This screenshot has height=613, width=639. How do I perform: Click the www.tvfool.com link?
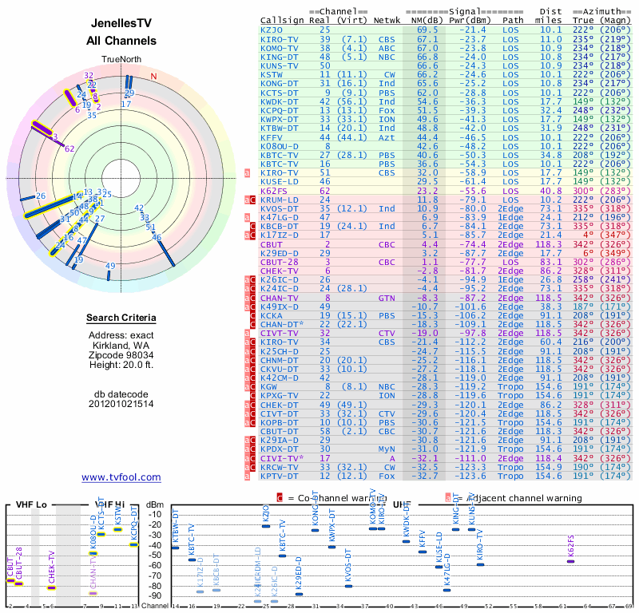pos(121,477)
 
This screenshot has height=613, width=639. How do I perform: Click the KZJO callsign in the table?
pos(272,30)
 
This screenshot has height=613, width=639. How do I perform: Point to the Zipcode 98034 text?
pos(121,354)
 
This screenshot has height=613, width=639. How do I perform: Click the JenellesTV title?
pos(121,25)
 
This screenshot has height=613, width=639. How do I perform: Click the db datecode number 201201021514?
pos(121,404)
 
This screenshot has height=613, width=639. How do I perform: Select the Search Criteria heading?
pos(121,318)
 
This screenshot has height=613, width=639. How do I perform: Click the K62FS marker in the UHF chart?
pos(570,561)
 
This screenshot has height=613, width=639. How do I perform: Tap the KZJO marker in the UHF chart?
pos(266,526)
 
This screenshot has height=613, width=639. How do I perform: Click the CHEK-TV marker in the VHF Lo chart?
pos(51,587)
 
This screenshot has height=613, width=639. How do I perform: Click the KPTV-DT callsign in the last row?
pos(280,476)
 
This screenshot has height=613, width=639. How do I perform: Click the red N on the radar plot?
pos(154,77)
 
